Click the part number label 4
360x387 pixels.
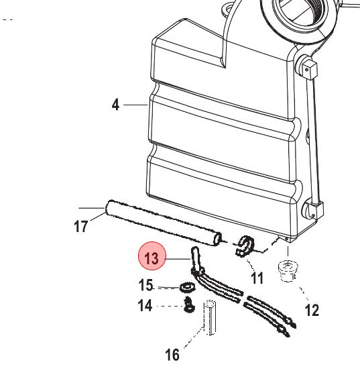[115, 105]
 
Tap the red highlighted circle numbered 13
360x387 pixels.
[152, 256]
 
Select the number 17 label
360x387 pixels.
[81, 227]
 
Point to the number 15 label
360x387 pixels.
[146, 285]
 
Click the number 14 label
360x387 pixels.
[145, 306]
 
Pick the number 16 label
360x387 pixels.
[172, 355]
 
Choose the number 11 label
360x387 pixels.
[257, 278]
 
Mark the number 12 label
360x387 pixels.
[312, 311]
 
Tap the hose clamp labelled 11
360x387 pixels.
[244, 246]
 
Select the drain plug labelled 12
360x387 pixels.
[288, 271]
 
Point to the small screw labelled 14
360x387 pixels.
[189, 305]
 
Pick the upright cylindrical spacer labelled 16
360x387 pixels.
[209, 318]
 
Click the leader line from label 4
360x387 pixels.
[135, 105]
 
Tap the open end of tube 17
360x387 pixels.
[218, 239]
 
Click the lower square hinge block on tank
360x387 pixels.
[314, 211]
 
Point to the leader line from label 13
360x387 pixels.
[178, 259]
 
